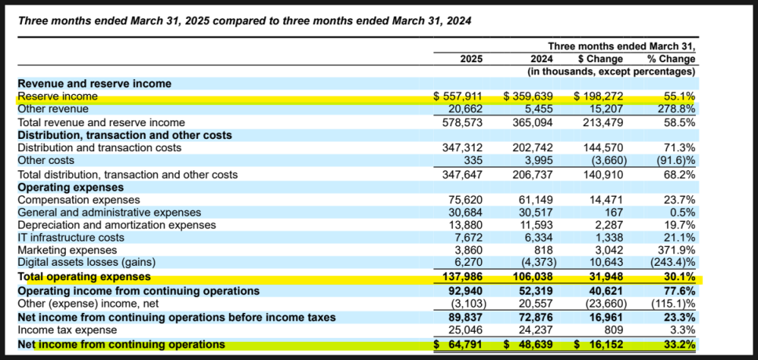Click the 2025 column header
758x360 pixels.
coord(472,59)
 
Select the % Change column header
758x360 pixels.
coord(671,59)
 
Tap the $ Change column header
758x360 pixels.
coord(601,59)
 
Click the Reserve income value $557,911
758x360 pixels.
coord(457,96)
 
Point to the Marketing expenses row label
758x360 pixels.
coord(67,250)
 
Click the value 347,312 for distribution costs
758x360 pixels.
coord(464,148)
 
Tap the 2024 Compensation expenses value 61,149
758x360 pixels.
coord(534,199)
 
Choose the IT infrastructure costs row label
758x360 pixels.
coord(71,238)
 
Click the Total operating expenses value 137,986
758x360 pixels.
coord(463,278)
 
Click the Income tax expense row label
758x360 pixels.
coord(67,330)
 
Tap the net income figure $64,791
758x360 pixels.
coord(457,344)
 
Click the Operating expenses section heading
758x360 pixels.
coord(71,187)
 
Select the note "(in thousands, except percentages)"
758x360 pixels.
coord(611,71)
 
